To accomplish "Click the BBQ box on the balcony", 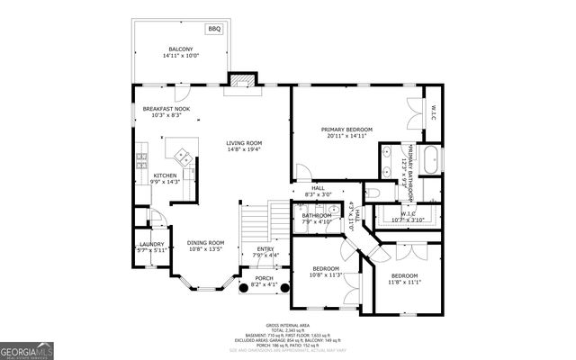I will click(214, 30).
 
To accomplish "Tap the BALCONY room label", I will click(181, 52).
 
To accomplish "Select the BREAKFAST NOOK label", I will click(164, 112).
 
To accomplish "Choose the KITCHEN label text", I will click(166, 178).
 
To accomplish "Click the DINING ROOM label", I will click(205, 246).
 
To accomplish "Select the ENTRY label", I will click(265, 252).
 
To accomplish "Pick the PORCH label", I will click(264, 281).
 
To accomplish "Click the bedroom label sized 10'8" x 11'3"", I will click(326, 272).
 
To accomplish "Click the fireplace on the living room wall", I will click(240, 81).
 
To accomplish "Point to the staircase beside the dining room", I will click(257, 220).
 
